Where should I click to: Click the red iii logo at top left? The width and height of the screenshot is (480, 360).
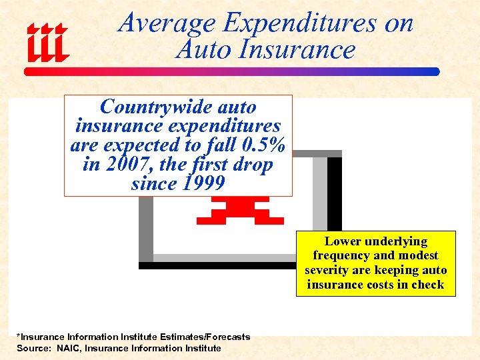tap(47, 43)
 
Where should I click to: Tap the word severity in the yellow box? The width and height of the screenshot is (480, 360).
tap(329, 270)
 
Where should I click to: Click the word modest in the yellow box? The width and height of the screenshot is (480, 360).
tap(417, 255)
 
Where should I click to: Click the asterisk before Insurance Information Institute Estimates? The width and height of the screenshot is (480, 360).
tap(19, 336)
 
